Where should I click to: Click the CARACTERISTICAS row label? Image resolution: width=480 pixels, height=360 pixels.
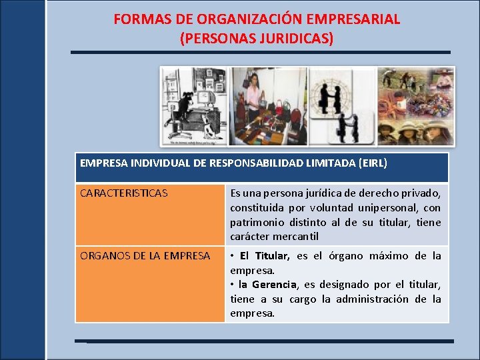123,193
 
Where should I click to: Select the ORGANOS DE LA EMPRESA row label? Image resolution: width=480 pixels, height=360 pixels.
145,256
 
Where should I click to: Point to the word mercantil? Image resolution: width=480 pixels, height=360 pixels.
293,236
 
